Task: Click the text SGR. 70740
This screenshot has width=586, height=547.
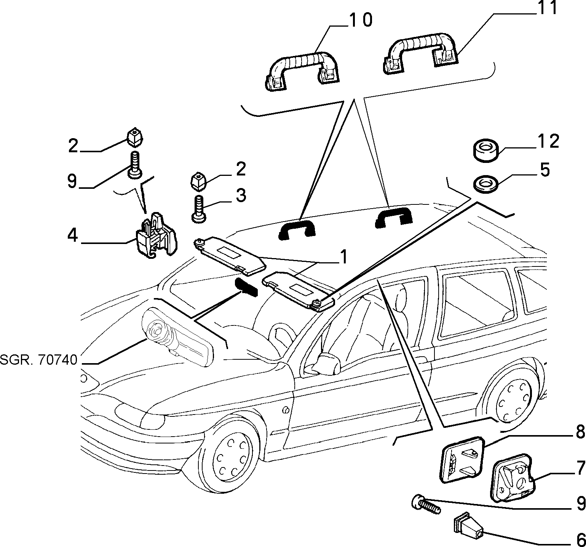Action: [x=39, y=360]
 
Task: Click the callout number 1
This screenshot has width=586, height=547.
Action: [x=343, y=257]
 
